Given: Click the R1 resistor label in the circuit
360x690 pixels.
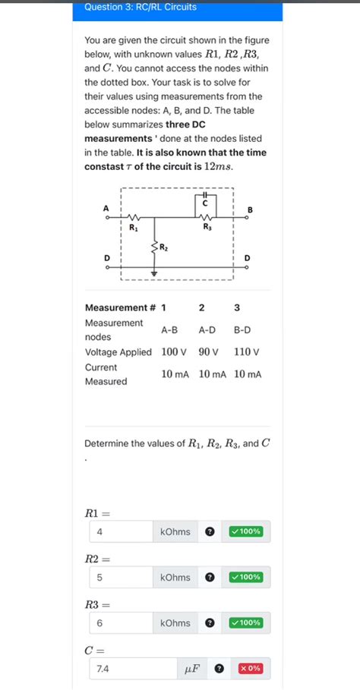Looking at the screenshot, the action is [134, 227].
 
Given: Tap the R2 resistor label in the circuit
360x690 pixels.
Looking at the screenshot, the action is [164, 247].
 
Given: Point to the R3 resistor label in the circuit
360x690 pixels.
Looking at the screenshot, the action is [207, 227].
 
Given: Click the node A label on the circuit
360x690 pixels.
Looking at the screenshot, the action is [106, 207].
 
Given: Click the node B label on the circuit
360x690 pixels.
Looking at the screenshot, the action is [250, 209].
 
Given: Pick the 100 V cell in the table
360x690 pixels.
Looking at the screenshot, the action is [174, 352].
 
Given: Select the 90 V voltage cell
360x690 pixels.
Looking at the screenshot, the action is [208, 352].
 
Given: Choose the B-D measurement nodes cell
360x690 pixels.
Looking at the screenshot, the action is [242, 330].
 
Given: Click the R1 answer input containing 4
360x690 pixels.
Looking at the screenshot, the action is [121, 531].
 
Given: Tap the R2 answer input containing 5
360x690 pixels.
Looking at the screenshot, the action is [121, 578].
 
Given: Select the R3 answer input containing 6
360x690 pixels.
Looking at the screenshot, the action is [121, 623].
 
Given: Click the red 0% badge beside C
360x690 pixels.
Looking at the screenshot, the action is [250, 669].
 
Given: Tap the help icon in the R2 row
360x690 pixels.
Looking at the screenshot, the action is [210, 578].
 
